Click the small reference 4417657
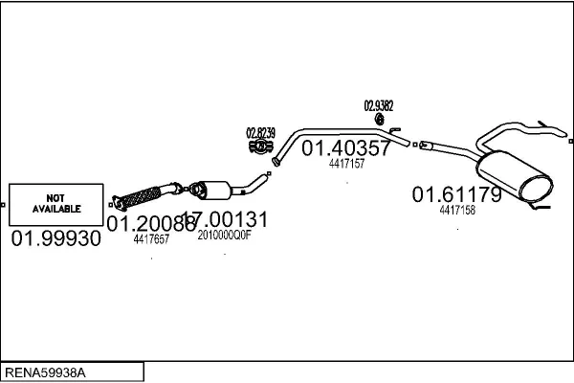click(151, 240)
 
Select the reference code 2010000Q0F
click(224, 235)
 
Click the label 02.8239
click(260, 132)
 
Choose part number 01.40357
click(346, 148)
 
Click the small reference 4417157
click(346, 164)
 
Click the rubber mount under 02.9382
click(380, 120)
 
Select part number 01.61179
click(456, 194)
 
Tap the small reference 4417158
click(457, 210)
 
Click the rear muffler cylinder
click(517, 176)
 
